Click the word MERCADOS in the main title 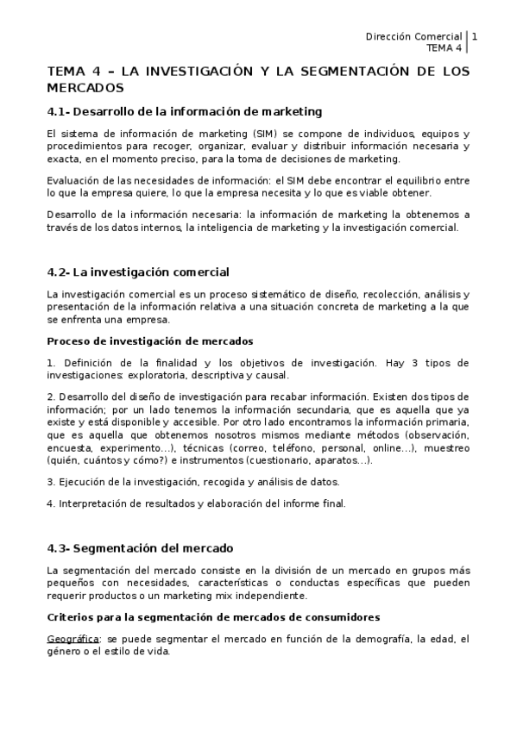(x=85, y=88)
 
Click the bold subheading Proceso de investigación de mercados (x=149, y=341)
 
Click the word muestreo (x=447, y=448)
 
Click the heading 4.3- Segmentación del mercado (x=140, y=547)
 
